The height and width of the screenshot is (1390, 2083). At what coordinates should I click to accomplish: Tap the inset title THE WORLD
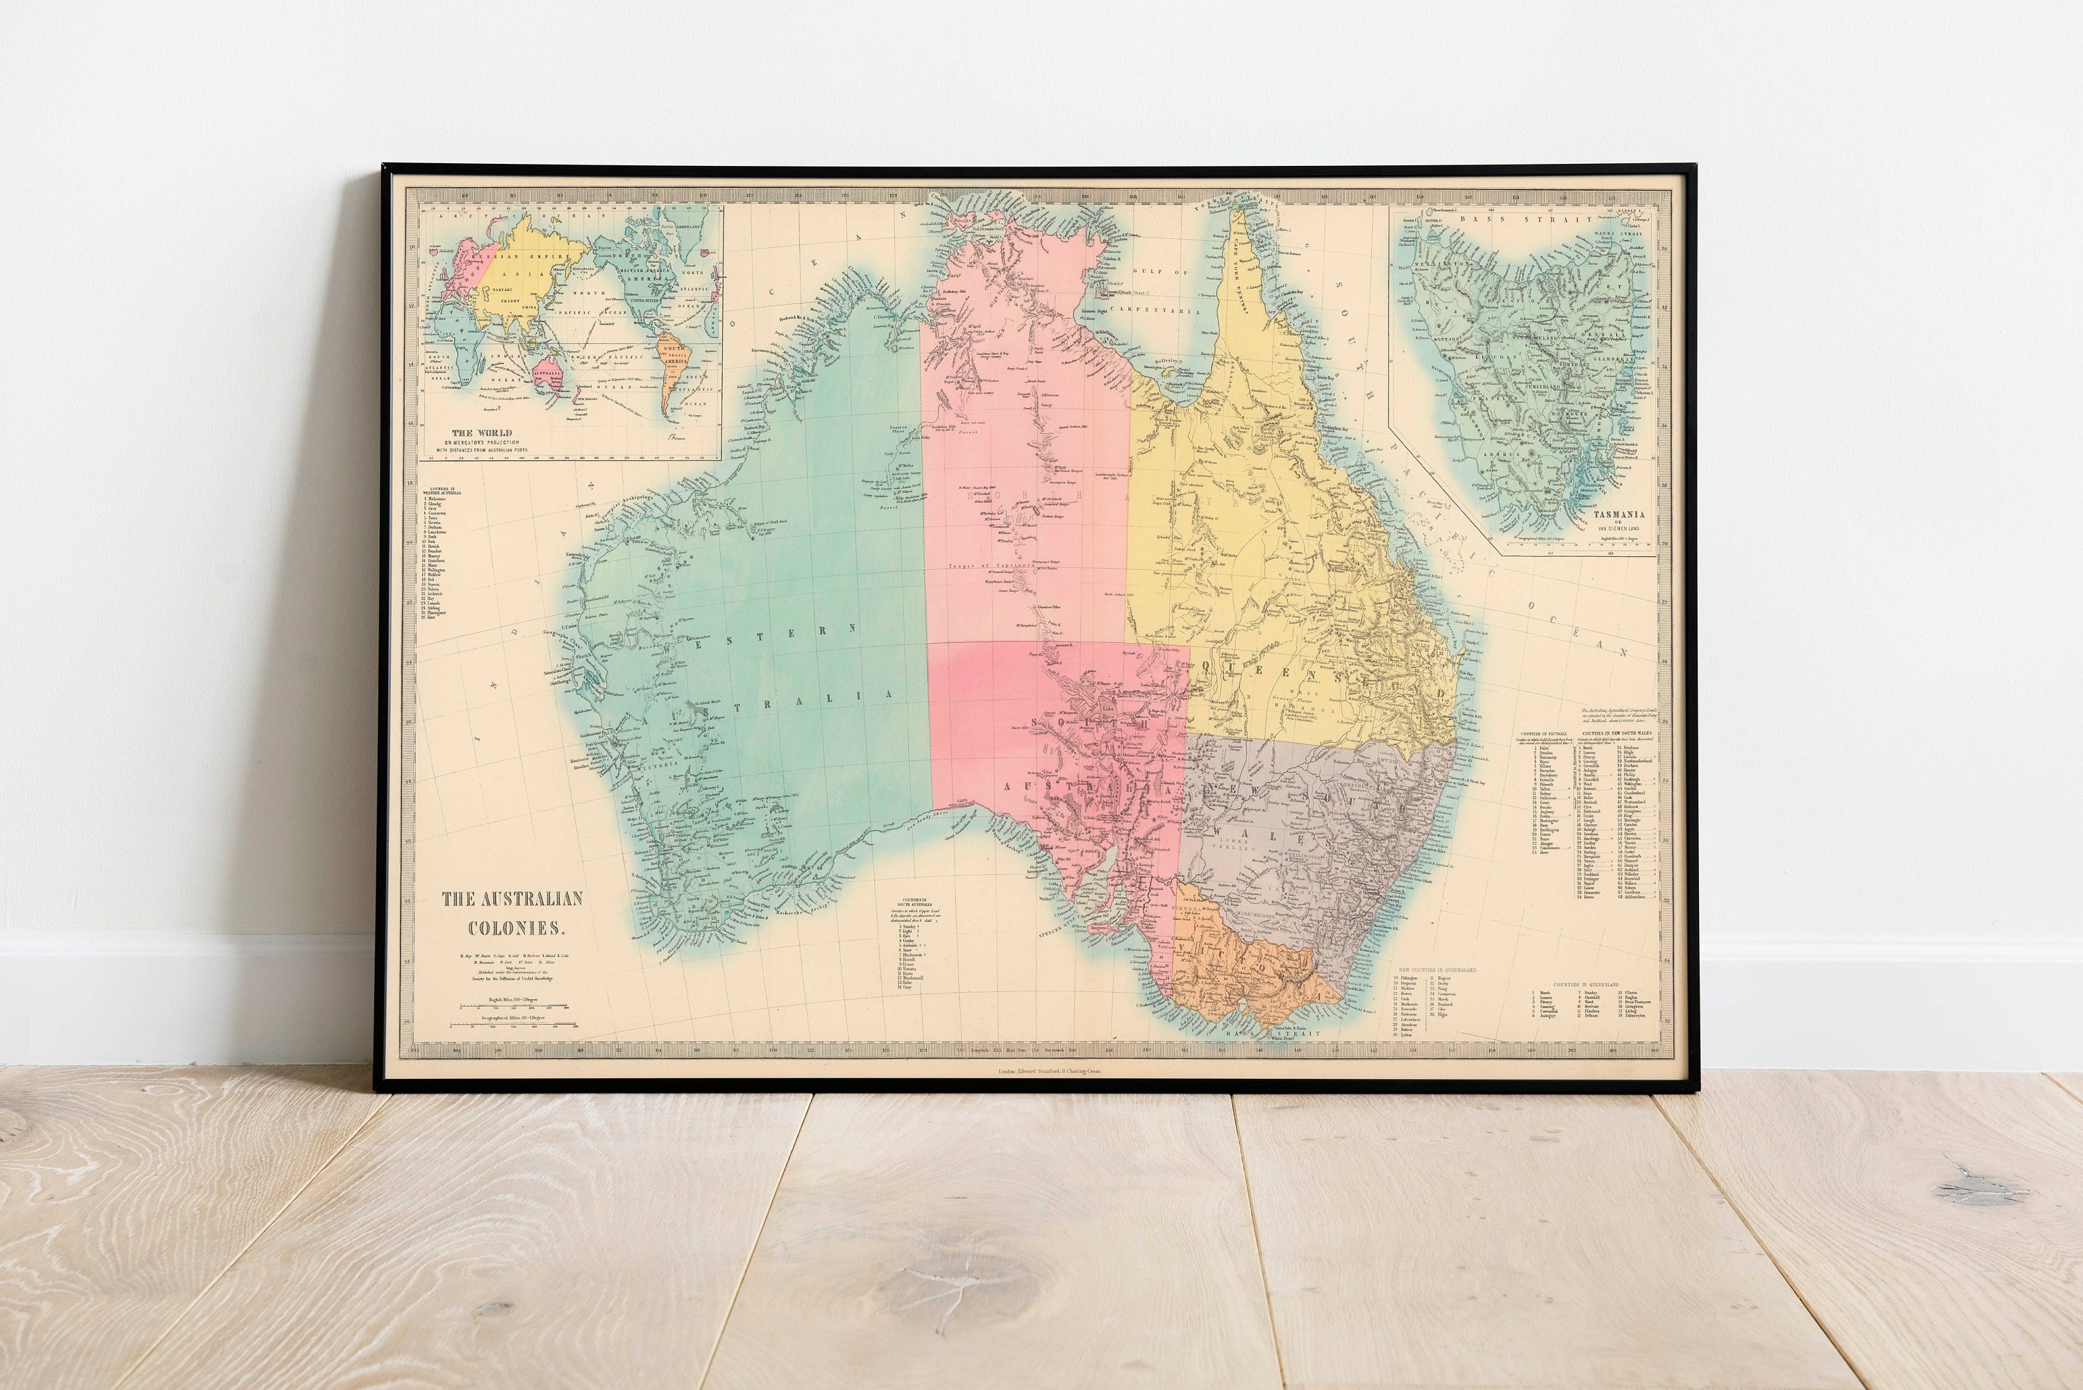pos(482,433)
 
